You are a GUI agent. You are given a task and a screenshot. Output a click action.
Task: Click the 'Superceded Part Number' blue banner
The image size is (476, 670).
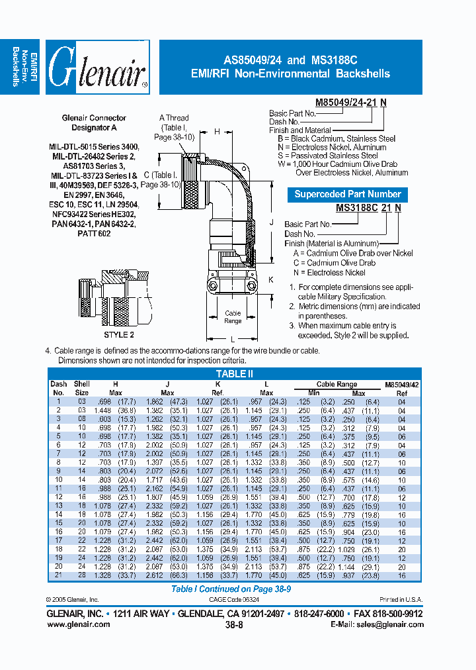(x=348, y=194)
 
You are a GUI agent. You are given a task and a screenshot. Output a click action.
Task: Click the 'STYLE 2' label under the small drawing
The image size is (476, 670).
(x=119, y=336)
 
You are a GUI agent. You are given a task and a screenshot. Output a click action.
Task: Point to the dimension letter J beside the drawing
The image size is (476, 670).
(x=270, y=223)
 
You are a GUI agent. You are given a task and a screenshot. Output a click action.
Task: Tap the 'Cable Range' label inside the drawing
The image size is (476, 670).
(x=233, y=317)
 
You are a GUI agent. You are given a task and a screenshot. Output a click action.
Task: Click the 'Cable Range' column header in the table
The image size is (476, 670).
(x=337, y=384)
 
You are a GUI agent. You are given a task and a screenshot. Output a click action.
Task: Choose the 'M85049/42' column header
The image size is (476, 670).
(x=401, y=384)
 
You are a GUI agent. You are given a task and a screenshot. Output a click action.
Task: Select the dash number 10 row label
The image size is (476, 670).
(x=58, y=479)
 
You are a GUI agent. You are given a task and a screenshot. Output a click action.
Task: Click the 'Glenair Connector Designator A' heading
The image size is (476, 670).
(x=95, y=122)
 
